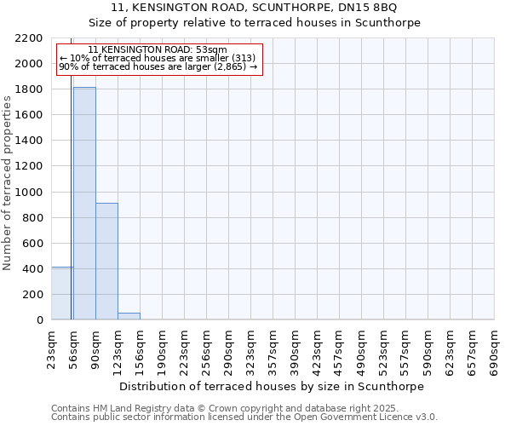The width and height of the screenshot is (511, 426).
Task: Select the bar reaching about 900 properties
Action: pos(106,261)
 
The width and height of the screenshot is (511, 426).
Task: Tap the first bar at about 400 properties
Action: pos(62,293)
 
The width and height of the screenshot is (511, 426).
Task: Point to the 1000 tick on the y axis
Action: pos(31,193)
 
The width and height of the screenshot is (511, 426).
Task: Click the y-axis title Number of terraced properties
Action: pos(8,183)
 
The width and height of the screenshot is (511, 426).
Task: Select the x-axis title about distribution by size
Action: pos(273,386)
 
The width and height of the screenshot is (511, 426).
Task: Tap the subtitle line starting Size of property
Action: pos(255,23)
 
